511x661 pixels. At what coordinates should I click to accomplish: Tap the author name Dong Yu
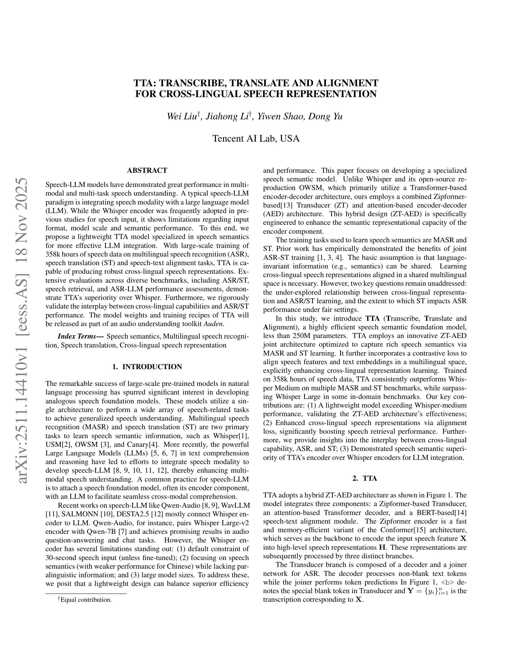(325, 117)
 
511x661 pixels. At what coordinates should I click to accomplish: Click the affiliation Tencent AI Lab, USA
(256, 139)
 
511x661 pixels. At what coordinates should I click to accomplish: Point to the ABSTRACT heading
(147, 170)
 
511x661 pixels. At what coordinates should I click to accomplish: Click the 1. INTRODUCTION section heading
(147, 367)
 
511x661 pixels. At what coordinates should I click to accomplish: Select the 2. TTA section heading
(365, 479)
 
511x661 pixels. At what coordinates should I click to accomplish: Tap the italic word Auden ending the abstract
(213, 324)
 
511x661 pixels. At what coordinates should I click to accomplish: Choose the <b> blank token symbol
(446, 582)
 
